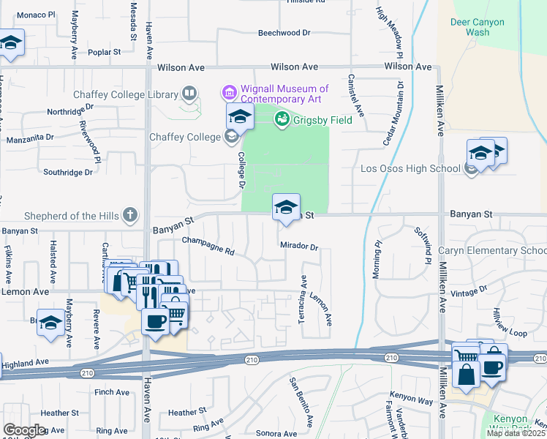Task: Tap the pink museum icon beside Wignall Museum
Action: (227, 93)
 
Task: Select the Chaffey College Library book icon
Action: (189, 94)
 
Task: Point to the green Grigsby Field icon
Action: (281, 119)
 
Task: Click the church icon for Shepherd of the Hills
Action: (129, 215)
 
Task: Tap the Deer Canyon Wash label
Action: (478, 27)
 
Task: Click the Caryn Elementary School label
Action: (492, 251)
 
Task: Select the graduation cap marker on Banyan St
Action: (286, 206)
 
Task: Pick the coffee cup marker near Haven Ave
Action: (155, 321)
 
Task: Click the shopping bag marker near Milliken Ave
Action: (466, 373)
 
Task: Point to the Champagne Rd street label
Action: (208, 246)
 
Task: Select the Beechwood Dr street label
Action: (284, 33)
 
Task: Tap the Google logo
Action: (24, 430)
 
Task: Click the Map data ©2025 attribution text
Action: (516, 433)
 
